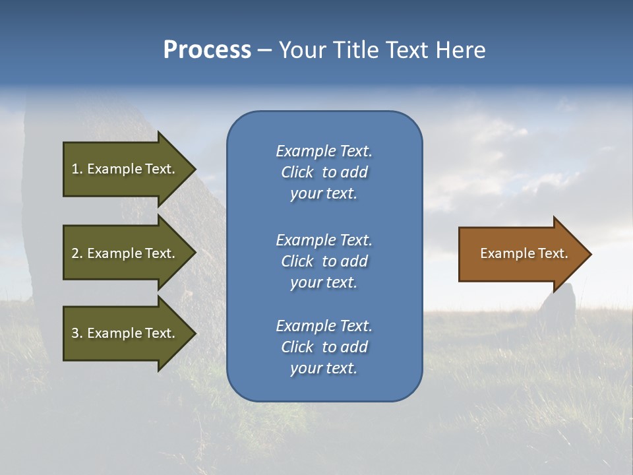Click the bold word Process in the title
pos(207,50)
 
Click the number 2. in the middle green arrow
pos(76,253)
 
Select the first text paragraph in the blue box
pos(324,172)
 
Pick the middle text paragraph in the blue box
pos(324,261)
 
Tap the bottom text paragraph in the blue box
pos(324,347)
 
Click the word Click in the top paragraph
pos(297,172)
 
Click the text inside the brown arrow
pos(524,253)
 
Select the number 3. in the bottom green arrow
pos(76,333)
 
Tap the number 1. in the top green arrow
pos(76,169)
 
